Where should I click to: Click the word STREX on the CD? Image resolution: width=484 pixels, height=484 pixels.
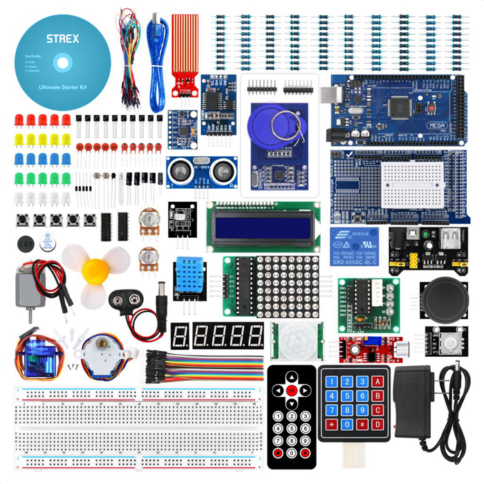(x=62, y=39)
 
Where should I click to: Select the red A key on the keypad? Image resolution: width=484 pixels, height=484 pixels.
(x=378, y=381)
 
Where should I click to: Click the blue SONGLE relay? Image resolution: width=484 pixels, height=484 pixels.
(x=357, y=243)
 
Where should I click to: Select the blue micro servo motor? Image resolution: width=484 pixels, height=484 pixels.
(x=31, y=355)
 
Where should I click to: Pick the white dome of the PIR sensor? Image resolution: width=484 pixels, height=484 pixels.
(x=295, y=339)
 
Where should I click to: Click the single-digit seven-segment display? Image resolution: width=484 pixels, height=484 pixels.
(x=181, y=337)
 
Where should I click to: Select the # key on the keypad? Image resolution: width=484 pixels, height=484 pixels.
(x=362, y=423)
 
